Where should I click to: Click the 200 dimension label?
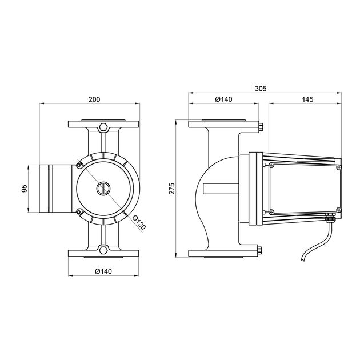click(x=94, y=99)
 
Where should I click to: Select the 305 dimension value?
click(x=261, y=89)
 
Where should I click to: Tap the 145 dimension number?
click(x=307, y=99)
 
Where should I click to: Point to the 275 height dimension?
click(x=172, y=189)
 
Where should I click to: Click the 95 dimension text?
click(x=25, y=188)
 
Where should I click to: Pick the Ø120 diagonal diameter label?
click(x=139, y=222)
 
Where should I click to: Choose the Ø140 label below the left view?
click(x=103, y=271)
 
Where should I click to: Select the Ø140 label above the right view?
click(x=223, y=99)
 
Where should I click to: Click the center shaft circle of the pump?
click(x=103, y=188)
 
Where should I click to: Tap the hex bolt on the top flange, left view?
click(x=103, y=127)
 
